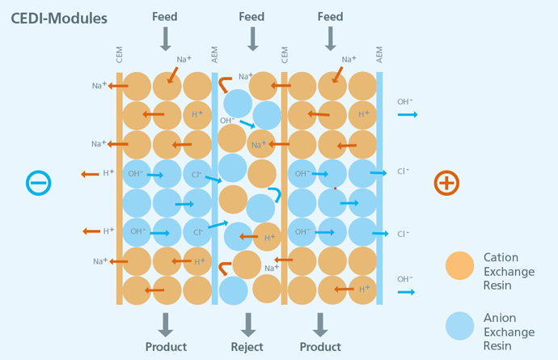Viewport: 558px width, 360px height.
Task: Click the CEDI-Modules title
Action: [59, 19]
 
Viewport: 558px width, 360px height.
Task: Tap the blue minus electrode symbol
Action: [39, 183]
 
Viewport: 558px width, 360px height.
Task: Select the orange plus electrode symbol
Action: [446, 183]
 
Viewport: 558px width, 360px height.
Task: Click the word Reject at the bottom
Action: [247, 347]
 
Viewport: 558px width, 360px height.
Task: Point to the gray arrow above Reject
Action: [248, 324]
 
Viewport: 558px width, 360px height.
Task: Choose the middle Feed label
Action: [252, 17]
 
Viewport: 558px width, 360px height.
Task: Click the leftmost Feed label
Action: [165, 17]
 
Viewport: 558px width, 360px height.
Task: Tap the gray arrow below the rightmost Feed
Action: [331, 39]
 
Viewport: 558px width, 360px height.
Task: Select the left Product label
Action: [166, 347]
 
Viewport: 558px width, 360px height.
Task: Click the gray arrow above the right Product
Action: [320, 324]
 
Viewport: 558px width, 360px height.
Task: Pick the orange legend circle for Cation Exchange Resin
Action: [460, 265]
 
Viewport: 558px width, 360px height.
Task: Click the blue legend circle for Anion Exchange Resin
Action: [460, 326]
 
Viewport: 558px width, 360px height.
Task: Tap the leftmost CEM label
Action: [119, 55]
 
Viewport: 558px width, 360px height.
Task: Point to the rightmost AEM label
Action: [379, 55]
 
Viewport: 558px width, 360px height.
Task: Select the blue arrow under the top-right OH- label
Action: [408, 114]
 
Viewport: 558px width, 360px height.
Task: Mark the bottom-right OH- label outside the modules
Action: [405, 279]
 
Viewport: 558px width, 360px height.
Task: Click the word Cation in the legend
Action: [501, 257]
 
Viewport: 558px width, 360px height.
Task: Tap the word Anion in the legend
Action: [500, 318]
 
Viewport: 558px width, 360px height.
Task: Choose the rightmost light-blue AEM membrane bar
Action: [379, 188]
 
